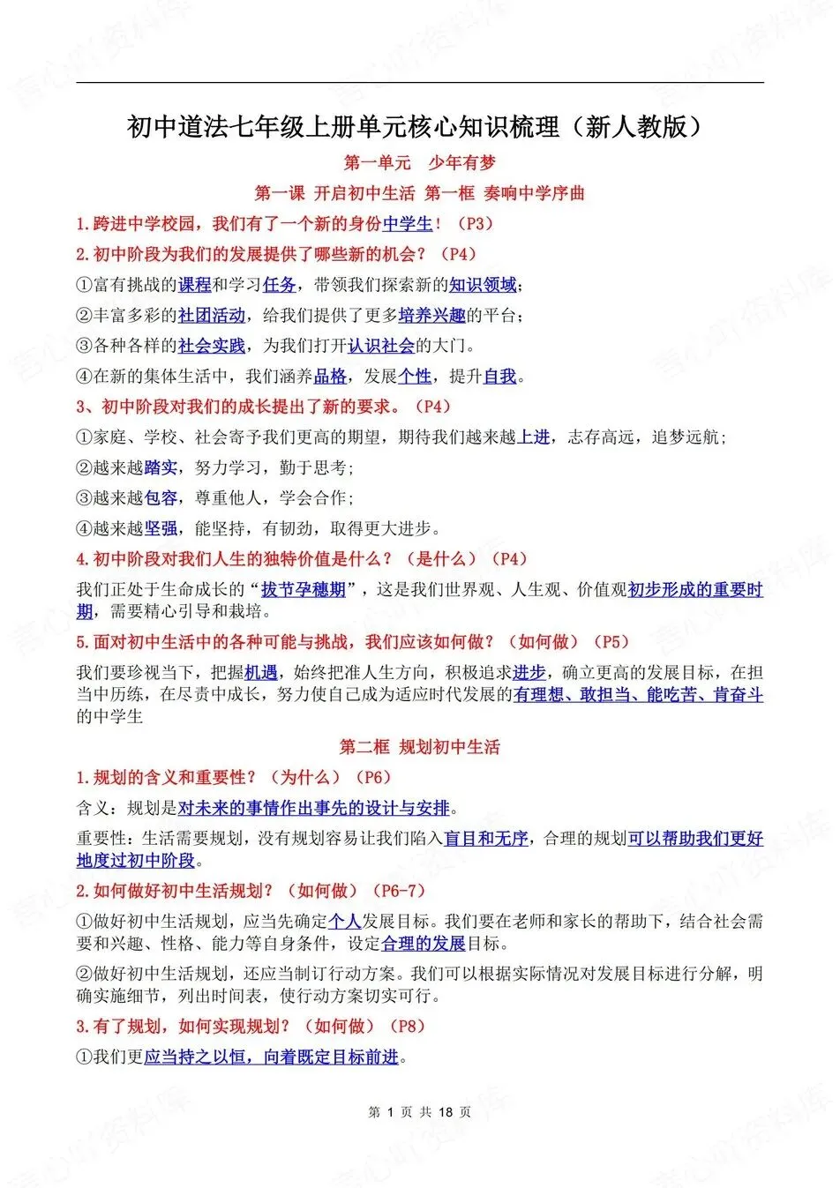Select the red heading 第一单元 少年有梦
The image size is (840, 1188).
[419, 162]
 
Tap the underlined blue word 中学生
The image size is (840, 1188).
[408, 224]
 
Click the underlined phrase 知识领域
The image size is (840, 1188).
[482, 285]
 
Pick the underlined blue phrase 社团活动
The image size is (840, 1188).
[212, 316]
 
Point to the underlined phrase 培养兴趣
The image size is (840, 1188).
[431, 316]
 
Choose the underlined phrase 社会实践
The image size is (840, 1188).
[212, 346]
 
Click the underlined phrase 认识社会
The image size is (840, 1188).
[381, 346]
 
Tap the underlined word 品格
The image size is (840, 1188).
[330, 377]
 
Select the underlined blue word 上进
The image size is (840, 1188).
[533, 437]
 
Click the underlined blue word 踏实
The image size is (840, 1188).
[161, 468]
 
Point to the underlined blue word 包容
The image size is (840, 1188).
[161, 498]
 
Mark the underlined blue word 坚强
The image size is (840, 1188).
[161, 529]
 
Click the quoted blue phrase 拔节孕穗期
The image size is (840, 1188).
[304, 590]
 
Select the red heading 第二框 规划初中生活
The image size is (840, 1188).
[419, 747]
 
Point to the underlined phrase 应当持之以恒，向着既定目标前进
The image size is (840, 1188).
[272, 1057]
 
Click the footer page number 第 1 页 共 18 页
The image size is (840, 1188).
[419, 1112]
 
